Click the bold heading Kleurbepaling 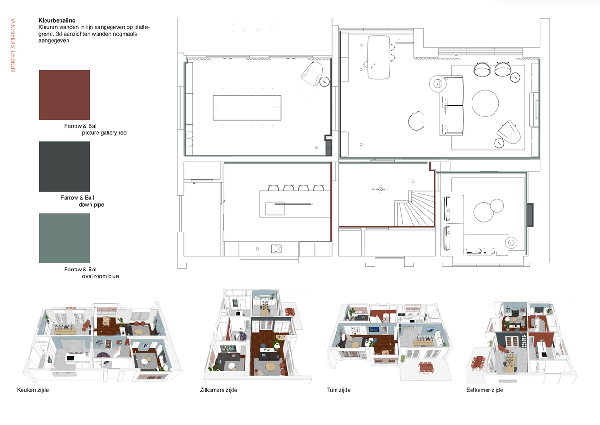coord(57,20)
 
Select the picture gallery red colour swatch coord(64,95)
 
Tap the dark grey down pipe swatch coord(64,167)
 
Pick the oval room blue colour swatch coord(64,238)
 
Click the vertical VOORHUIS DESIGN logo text coord(13,45)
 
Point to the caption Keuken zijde coord(33,390)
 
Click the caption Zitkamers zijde coord(218,390)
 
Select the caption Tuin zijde coord(338,390)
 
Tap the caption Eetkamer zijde coord(485,390)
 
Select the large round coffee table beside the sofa coord(485,103)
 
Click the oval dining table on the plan coord(378,57)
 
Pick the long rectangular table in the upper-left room coord(247,108)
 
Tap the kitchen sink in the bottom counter coord(276,249)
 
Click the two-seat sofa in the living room coord(451,106)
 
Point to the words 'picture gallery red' coord(104,133)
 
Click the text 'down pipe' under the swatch coord(91,204)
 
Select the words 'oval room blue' coord(100,276)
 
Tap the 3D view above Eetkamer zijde coord(522,342)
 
